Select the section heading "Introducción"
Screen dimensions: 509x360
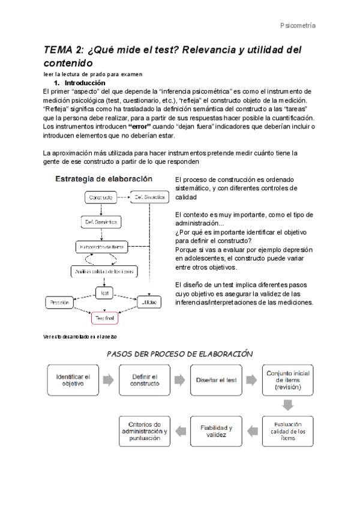(x=85, y=83)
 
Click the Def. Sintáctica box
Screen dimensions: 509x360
(x=148, y=197)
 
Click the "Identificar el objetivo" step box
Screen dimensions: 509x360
(x=72, y=379)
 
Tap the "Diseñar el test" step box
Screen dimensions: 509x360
(x=215, y=379)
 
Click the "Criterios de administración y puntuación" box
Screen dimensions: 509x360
(x=144, y=430)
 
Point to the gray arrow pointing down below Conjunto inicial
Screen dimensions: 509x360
(x=287, y=405)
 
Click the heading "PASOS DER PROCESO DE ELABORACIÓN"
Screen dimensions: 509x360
(x=179, y=354)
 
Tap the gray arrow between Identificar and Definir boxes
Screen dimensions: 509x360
(x=109, y=380)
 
